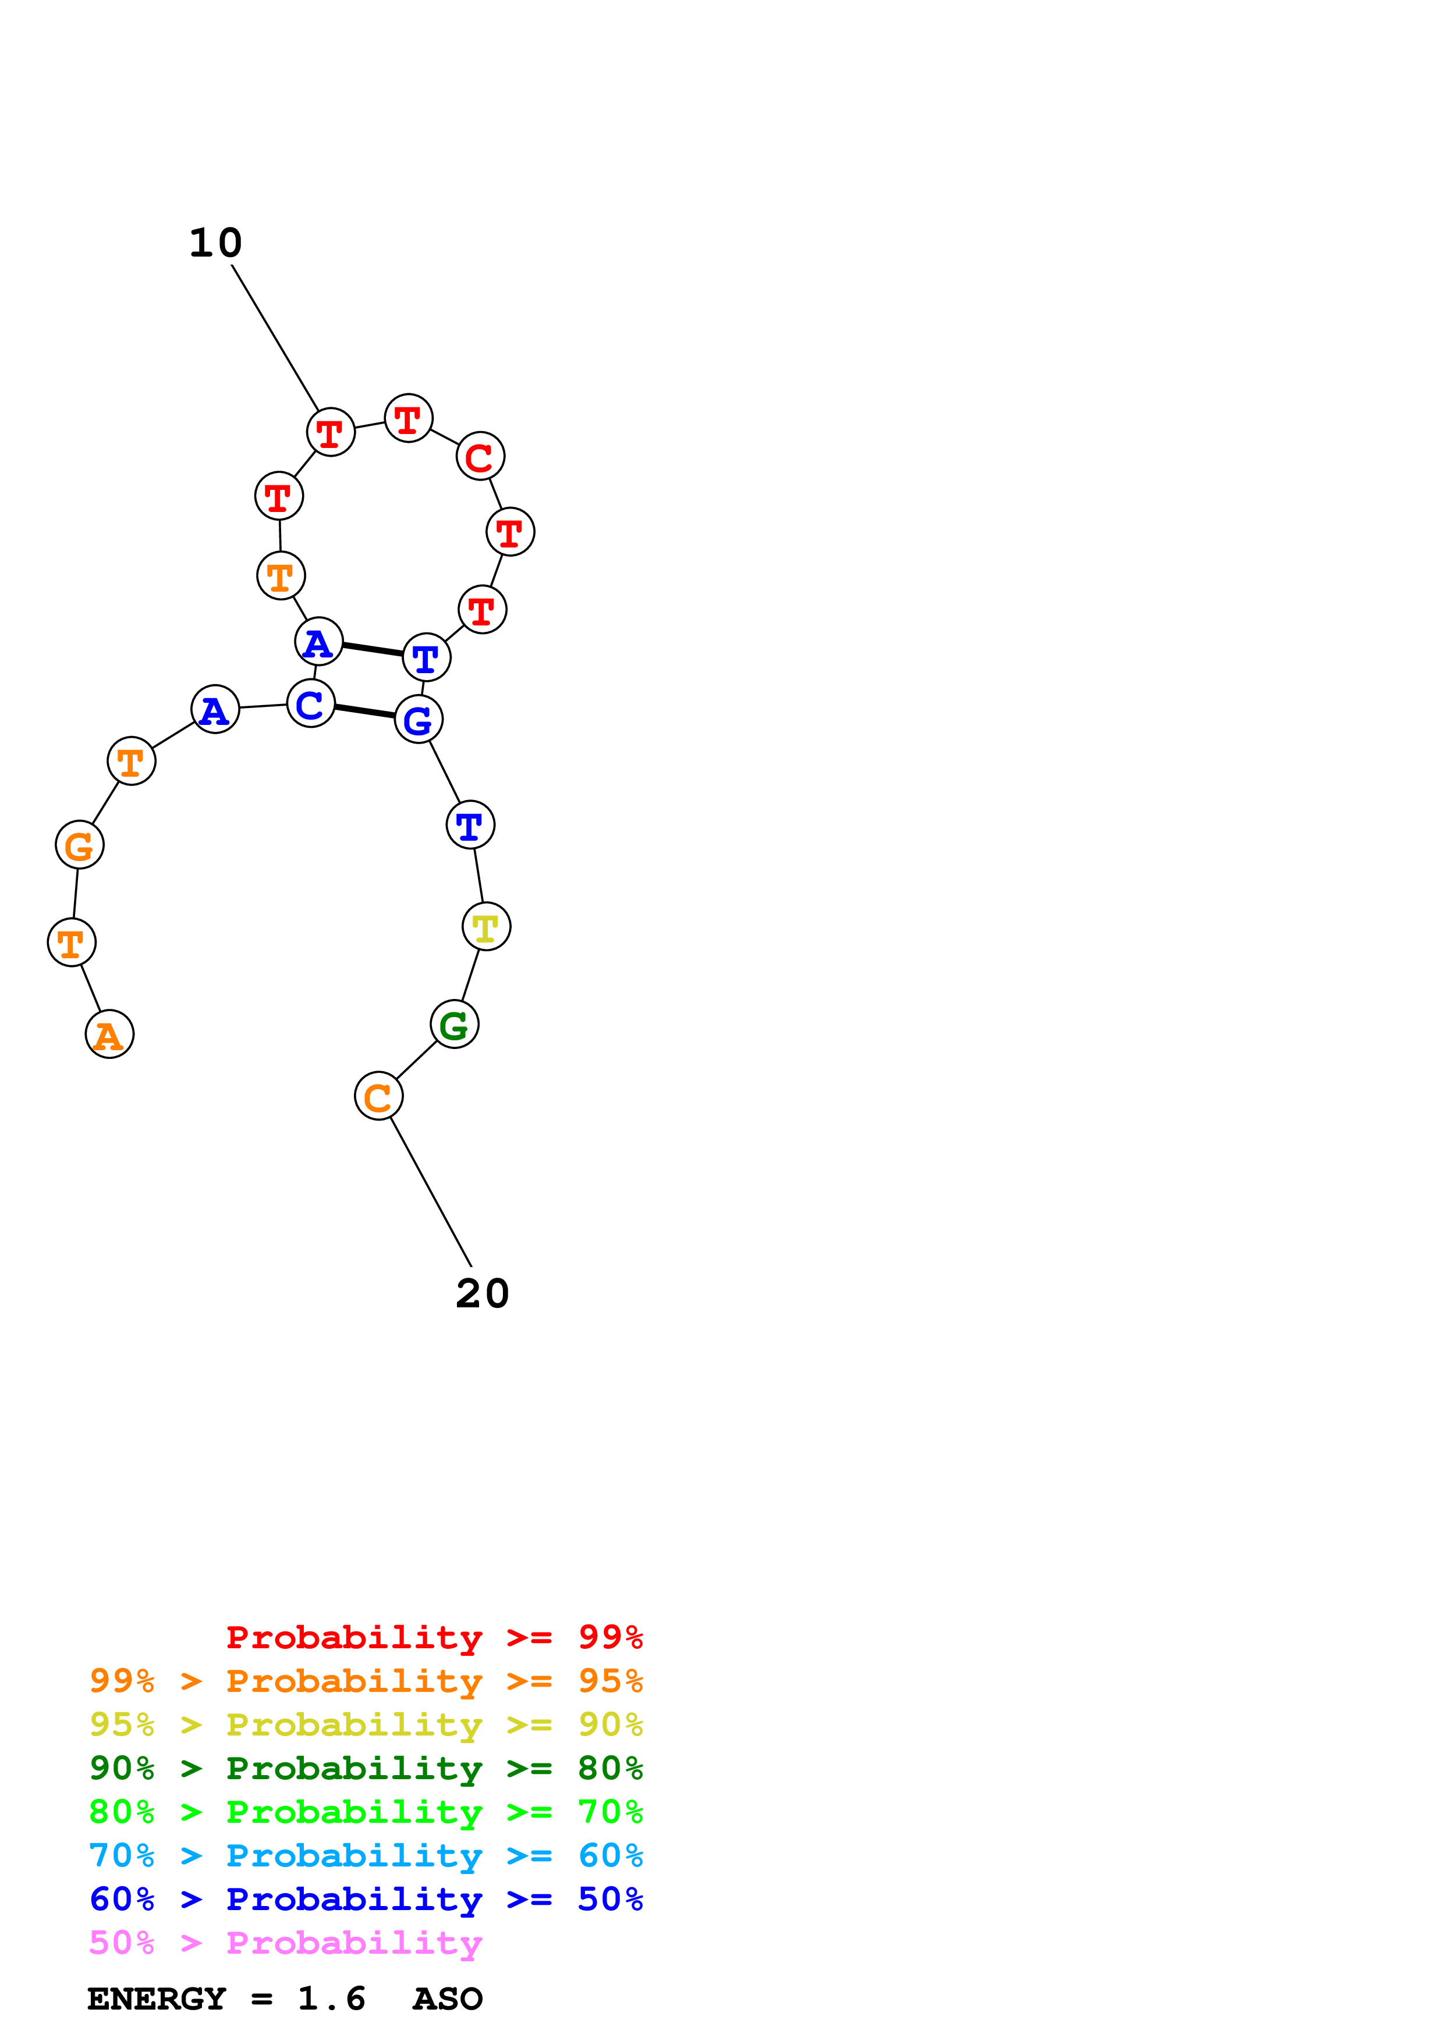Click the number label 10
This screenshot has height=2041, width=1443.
coord(215,243)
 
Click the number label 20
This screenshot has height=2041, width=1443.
coord(482,1293)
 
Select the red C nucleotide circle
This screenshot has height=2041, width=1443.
coord(480,457)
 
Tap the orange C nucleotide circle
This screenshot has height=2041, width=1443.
coord(379,1097)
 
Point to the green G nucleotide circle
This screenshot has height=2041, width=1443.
coord(455,1024)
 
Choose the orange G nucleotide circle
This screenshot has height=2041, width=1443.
coord(80,844)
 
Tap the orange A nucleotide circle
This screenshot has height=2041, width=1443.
coord(109,1034)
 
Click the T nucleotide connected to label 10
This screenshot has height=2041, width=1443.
coord(331,433)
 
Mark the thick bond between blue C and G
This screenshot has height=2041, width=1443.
coord(364,711)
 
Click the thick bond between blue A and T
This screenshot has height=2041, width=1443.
coord(373,650)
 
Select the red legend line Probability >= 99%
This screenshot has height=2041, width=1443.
coord(434,1637)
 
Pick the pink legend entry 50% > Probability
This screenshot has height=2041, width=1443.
coord(285,1943)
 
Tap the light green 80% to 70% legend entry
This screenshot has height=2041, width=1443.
coord(366,1812)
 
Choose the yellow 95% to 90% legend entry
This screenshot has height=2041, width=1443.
coord(366,1724)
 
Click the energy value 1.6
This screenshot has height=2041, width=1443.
coord(332,1999)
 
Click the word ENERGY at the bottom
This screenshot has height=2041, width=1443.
coord(157,1999)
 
